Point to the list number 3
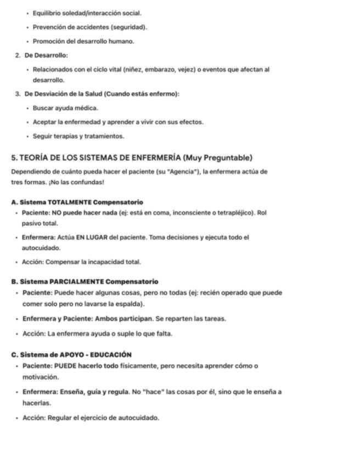(x=17, y=94)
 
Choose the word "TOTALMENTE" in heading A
(x=71, y=202)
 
